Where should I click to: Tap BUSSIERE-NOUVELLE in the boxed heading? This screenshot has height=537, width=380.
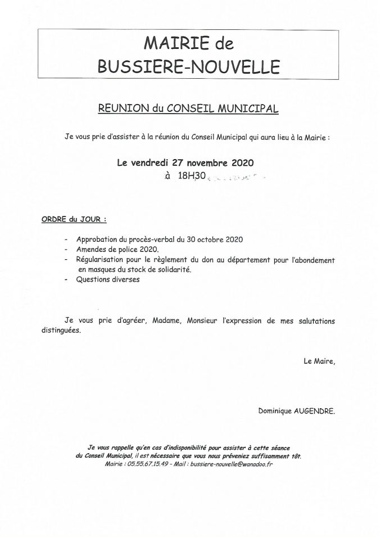click(x=188, y=67)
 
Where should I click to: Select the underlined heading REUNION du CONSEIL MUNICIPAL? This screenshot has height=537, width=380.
click(x=188, y=109)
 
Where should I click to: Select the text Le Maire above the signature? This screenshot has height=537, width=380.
click(x=319, y=362)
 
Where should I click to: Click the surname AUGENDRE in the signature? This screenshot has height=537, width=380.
click(x=315, y=411)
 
